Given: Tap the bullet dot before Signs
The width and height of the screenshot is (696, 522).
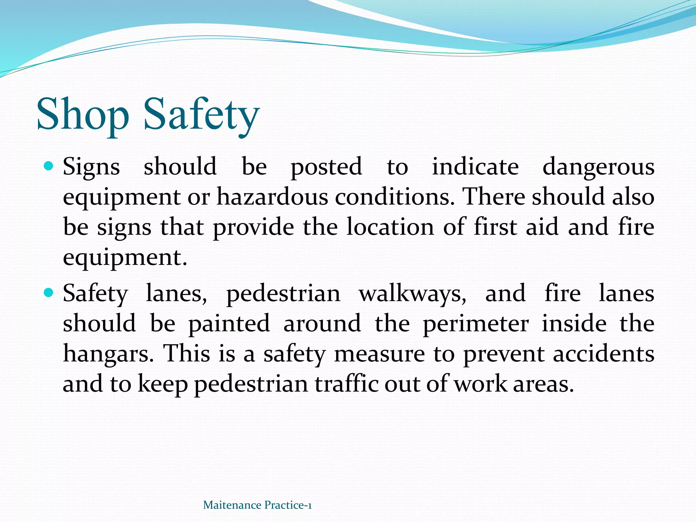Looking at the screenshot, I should (x=49, y=166).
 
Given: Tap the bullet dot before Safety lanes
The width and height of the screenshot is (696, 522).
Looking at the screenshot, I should (x=49, y=292).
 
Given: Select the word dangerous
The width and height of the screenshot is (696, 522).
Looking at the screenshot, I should (x=598, y=168).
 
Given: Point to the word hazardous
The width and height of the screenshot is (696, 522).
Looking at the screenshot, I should (x=272, y=197).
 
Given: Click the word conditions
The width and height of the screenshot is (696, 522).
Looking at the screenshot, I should (x=395, y=197).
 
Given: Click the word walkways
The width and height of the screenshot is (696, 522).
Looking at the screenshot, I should (x=413, y=294).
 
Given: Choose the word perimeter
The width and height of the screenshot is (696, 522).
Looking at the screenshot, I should (x=476, y=324).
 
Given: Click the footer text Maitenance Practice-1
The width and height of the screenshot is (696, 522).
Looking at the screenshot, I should (x=257, y=505).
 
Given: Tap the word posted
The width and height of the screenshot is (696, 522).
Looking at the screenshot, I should (x=326, y=168).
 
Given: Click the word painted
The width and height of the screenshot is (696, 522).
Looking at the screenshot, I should (x=229, y=324).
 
